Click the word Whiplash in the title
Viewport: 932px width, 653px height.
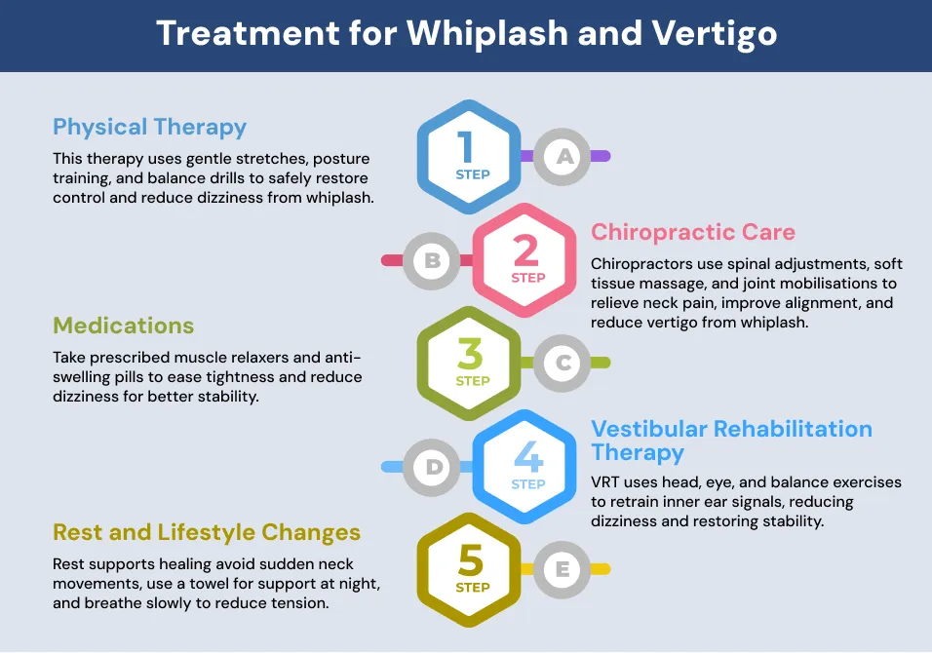[x=487, y=33]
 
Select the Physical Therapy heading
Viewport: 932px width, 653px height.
[x=150, y=128]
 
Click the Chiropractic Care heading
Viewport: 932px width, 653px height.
[x=693, y=232]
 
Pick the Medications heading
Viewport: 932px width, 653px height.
[x=124, y=326]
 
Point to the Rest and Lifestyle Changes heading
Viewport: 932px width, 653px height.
[x=207, y=533]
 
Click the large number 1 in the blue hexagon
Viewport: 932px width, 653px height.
[x=465, y=147]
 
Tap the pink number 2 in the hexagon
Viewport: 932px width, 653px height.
[x=525, y=250]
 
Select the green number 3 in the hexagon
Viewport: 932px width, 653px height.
[x=470, y=354]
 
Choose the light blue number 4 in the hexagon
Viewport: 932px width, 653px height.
[x=528, y=456]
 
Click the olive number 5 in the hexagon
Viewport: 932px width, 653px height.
[x=470, y=560]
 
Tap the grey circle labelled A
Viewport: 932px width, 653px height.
[x=562, y=157]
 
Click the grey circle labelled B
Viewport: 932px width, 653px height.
[x=432, y=261]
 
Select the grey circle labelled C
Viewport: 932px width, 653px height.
[x=562, y=363]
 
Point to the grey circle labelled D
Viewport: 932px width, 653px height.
[x=432, y=468]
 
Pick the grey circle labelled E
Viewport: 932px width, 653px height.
[x=562, y=570]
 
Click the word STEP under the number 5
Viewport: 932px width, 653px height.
[x=473, y=588]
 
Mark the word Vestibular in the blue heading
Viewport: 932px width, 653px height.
[x=649, y=429]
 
